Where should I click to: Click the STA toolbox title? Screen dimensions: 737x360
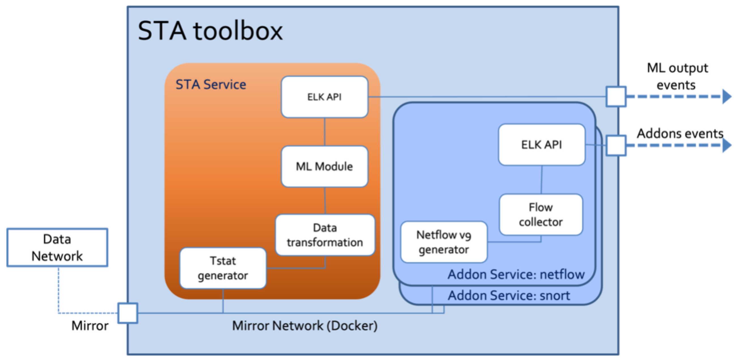click(x=210, y=31)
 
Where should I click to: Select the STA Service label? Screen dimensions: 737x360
click(x=211, y=85)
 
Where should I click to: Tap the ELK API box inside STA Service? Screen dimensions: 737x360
click(x=324, y=97)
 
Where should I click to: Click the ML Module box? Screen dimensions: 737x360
click(x=324, y=166)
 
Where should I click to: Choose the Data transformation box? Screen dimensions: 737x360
click(x=325, y=235)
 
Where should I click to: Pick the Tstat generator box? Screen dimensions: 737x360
click(x=223, y=268)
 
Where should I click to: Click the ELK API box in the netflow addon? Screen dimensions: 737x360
click(x=542, y=145)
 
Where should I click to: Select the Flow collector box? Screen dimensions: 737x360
click(x=541, y=214)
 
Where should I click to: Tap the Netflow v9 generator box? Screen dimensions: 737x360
click(x=444, y=242)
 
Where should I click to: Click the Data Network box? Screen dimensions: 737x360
click(x=57, y=248)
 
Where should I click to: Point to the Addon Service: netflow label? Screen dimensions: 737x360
click(x=516, y=275)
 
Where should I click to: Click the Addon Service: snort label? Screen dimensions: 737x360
click(x=509, y=296)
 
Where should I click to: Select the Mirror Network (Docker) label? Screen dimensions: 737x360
click(x=305, y=326)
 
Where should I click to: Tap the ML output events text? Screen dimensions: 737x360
click(x=677, y=77)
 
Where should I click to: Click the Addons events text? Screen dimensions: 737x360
click(x=680, y=133)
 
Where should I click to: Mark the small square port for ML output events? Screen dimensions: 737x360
click(x=616, y=97)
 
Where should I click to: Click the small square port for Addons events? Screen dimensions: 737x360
click(x=616, y=146)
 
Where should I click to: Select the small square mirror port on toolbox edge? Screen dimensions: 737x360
click(x=128, y=313)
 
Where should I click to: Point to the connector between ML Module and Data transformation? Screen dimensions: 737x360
click(x=325, y=201)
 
